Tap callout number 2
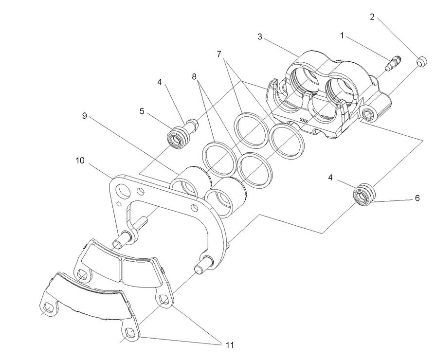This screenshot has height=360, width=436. pos(372,17)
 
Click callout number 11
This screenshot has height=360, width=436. pos(229,345)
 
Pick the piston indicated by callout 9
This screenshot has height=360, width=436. pos(190,182)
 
